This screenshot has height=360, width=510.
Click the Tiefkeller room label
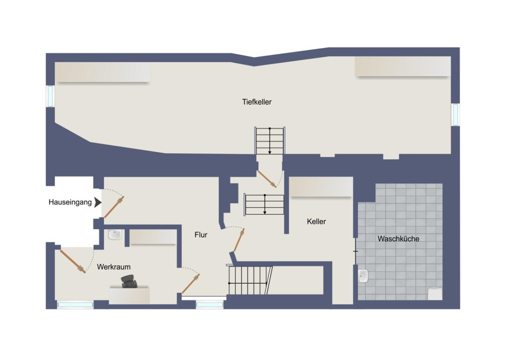coord(257,102)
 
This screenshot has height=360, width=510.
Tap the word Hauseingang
coord(70,202)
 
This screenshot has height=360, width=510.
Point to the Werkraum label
coord(114,267)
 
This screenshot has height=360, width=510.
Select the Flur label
coord(201,235)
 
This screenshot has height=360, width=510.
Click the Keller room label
coord(316,221)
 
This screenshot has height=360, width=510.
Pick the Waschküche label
coord(398,239)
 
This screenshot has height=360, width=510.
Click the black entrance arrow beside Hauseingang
coord(98,202)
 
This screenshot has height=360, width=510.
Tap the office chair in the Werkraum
coord(129,282)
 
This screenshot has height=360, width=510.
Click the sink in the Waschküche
coord(363,276)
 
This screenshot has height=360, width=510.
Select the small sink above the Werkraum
coord(115,235)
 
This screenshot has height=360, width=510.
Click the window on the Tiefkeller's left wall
coord(50,96)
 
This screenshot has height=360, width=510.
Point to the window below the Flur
coord(209,305)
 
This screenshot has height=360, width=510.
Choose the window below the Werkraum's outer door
coord(75,305)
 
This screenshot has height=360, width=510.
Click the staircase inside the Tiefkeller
coord(270,140)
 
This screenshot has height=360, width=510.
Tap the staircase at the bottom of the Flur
coord(248,280)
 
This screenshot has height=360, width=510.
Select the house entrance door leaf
coord(114,207)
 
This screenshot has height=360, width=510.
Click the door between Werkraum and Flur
coord(191,284)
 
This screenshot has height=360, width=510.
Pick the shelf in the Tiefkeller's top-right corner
coord(402,66)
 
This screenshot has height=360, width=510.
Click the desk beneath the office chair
coord(129,295)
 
